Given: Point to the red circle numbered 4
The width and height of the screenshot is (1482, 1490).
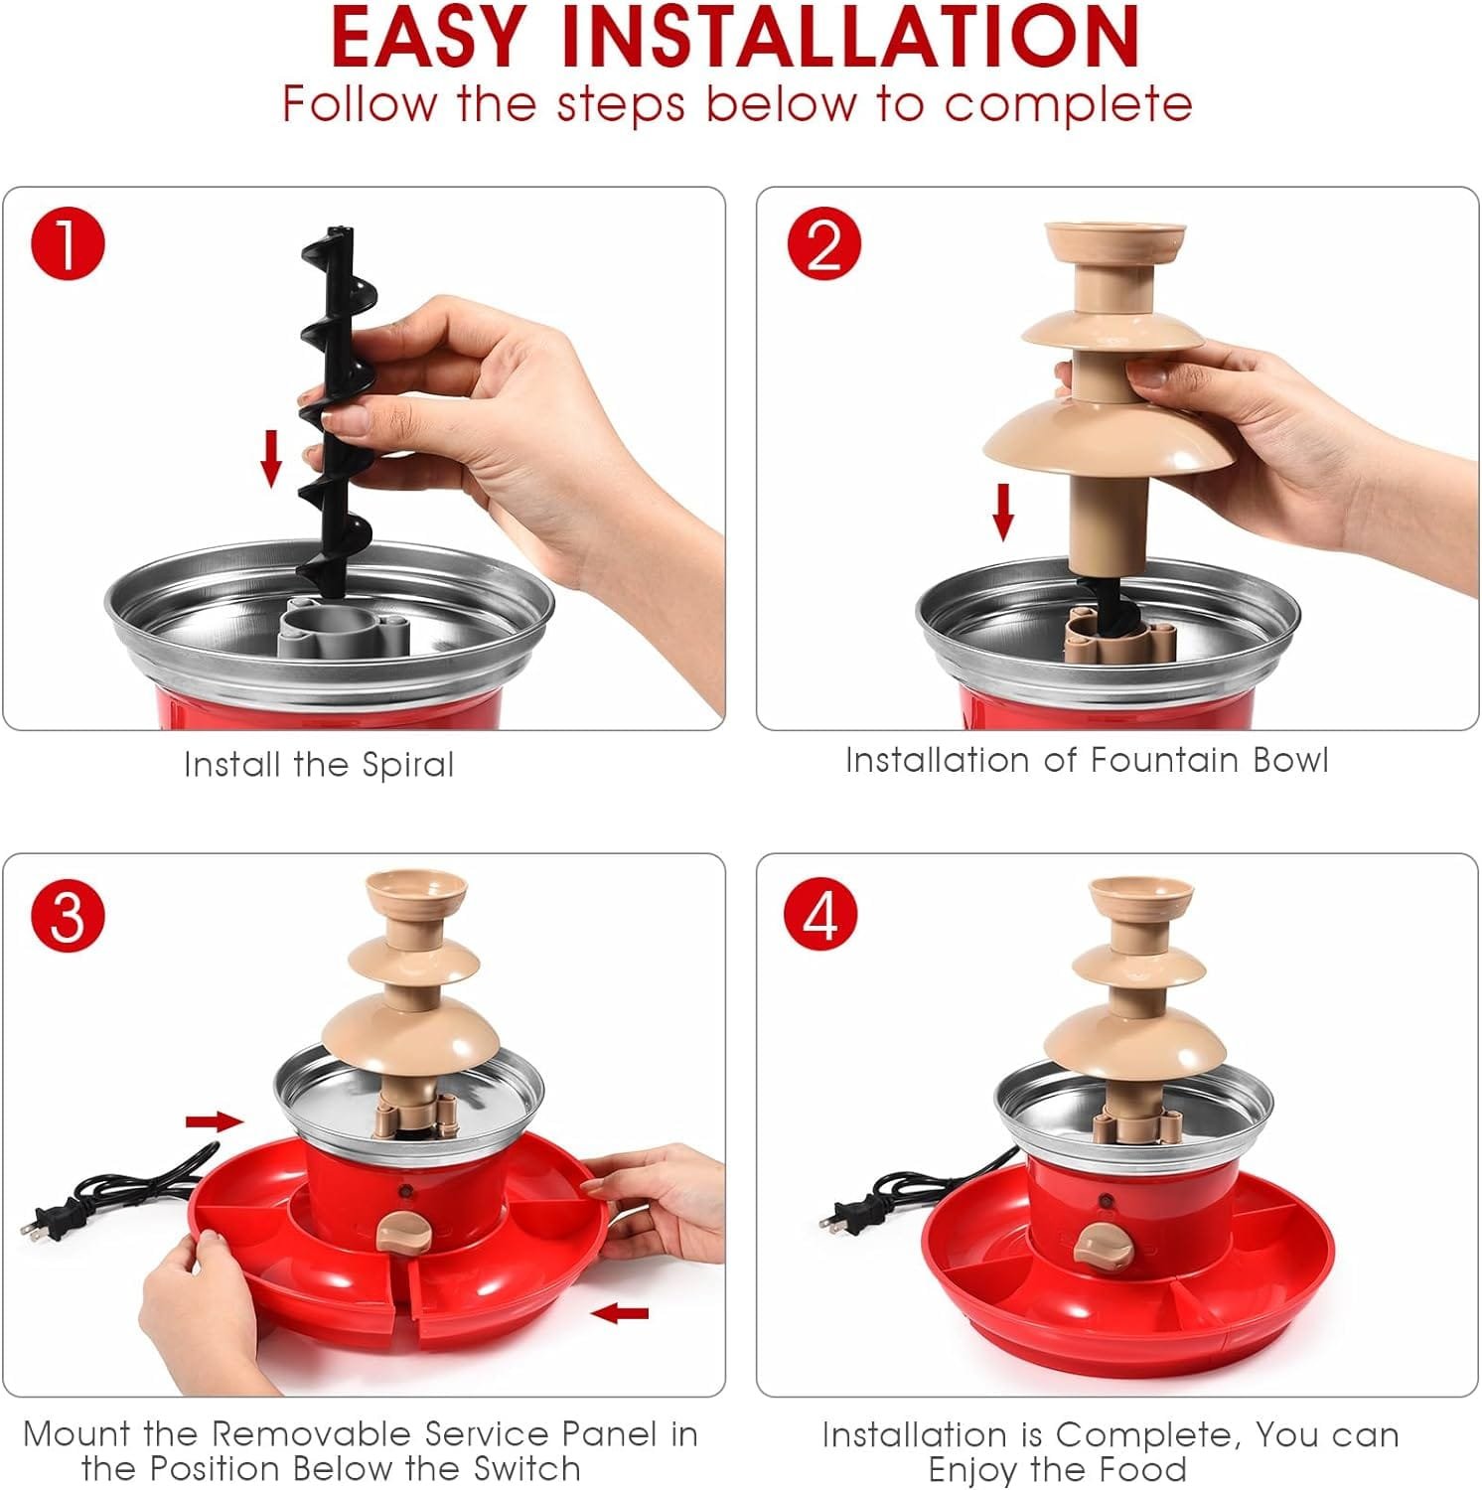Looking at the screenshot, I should tap(820, 914).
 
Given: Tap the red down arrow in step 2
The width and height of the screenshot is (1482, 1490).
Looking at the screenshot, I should tap(1003, 512).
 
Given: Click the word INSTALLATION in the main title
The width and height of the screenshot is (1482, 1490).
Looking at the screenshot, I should tap(849, 38).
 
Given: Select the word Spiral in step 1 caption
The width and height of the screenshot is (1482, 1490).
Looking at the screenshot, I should tap(407, 765).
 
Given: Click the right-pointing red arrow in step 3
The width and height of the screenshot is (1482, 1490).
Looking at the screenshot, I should tap(215, 1121).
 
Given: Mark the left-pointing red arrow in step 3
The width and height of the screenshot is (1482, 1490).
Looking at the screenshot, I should tap(620, 1313).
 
